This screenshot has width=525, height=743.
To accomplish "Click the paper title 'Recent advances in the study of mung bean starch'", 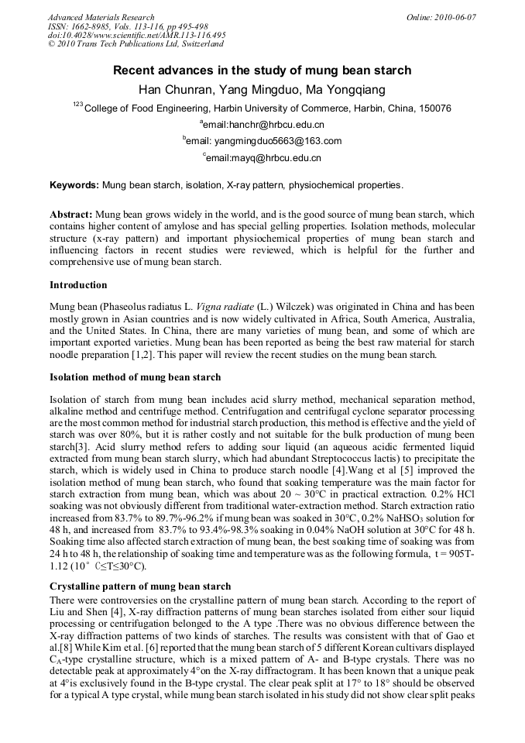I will click(262, 71).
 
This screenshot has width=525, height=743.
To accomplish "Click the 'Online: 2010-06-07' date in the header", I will click(440, 17).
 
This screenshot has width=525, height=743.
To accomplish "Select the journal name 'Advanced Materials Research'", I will click(101, 17).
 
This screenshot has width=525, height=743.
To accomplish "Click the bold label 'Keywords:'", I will click(74, 186).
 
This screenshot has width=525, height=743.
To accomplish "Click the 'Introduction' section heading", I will click(78, 285).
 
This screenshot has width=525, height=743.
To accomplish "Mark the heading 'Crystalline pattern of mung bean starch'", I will click(140, 587).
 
